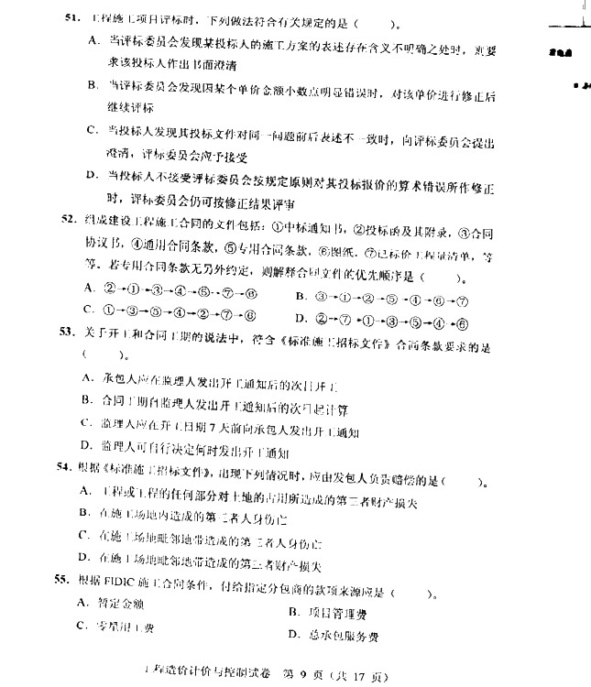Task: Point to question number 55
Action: [67, 580]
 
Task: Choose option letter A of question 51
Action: [93, 40]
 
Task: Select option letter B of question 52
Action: [300, 297]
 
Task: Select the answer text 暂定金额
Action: [125, 603]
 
